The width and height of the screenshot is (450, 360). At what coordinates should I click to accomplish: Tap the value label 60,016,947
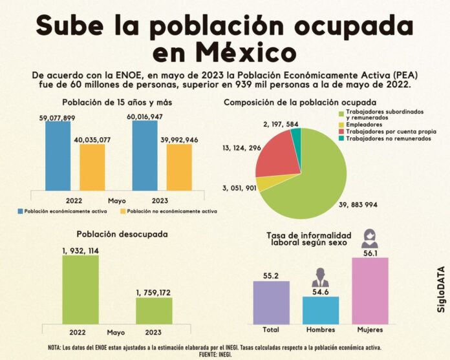(145, 116)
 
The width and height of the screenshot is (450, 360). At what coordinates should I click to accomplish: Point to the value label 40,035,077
(92, 139)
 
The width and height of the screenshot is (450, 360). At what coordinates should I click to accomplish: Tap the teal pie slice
(296, 136)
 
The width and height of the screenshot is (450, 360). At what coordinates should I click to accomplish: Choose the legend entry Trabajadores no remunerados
(385, 138)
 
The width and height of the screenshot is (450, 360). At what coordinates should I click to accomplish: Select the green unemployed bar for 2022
(80, 290)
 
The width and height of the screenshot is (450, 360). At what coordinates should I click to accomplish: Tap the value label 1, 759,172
(154, 293)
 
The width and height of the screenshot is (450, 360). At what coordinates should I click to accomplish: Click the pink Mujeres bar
(369, 290)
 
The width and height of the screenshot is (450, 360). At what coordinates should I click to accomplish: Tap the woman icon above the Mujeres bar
(369, 238)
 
